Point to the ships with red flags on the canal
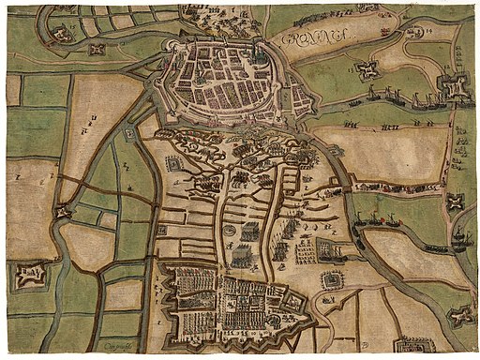[309, 15]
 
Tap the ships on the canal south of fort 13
[394, 96]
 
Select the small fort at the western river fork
[62, 212]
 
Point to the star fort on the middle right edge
[457, 201]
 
